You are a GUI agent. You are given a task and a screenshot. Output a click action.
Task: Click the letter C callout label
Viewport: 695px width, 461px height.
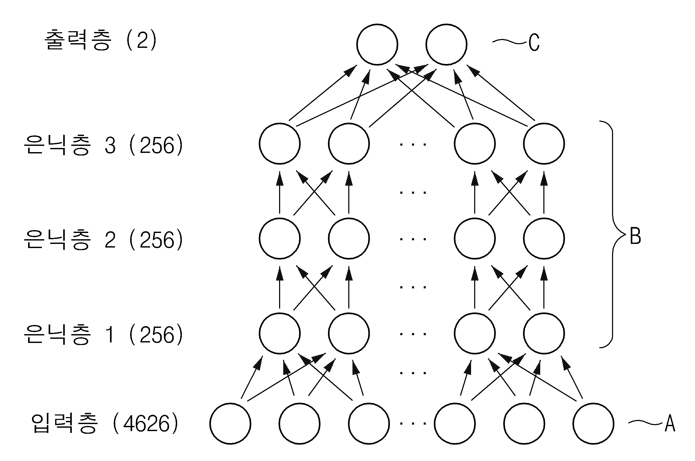[534, 42]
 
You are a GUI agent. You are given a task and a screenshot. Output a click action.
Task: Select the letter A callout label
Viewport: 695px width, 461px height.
[670, 424]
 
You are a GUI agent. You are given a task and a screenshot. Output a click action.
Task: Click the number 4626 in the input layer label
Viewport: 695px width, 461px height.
[146, 424]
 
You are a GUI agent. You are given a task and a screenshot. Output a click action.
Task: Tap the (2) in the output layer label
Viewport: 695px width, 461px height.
[141, 40]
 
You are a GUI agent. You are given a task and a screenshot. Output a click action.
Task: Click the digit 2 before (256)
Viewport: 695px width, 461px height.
[110, 240]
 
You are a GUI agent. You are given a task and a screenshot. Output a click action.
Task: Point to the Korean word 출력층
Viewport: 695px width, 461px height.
[78, 40]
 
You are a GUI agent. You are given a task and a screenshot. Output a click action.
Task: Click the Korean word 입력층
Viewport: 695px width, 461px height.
[64, 423]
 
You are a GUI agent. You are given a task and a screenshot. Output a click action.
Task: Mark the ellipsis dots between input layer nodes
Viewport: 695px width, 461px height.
[413, 424]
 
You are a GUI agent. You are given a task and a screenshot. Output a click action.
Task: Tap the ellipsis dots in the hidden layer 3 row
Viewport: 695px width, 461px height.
[413, 144]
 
